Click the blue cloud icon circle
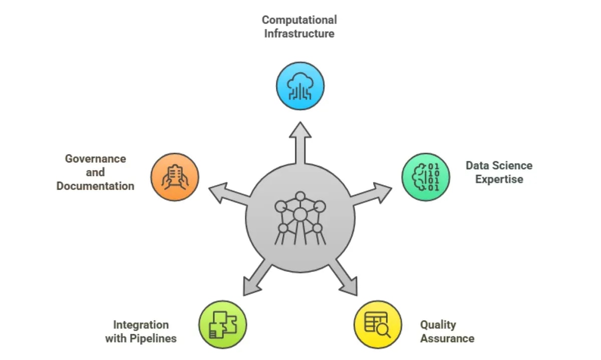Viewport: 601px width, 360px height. pyautogui.click(x=300, y=86)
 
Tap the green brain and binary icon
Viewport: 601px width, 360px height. pyautogui.click(x=426, y=177)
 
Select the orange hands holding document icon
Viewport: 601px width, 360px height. pyautogui.click(x=175, y=177)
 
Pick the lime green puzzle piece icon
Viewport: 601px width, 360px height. pyautogui.click(x=223, y=324)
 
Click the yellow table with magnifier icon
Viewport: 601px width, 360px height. pyautogui.click(x=378, y=324)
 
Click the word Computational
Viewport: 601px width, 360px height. pyautogui.click(x=299, y=20)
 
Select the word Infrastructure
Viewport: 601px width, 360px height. pyautogui.click(x=299, y=34)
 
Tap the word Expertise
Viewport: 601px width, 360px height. pyautogui.click(x=499, y=179)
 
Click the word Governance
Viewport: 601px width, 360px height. pyautogui.click(x=95, y=159)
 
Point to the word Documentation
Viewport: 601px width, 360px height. pyautogui.click(x=95, y=186)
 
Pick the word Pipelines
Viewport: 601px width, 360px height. pyautogui.click(x=154, y=338)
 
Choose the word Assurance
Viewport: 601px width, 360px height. pyautogui.click(x=447, y=338)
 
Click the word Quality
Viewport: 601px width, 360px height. pyautogui.click(x=438, y=324)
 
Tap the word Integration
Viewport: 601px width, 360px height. pyautogui.click(x=141, y=324)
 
